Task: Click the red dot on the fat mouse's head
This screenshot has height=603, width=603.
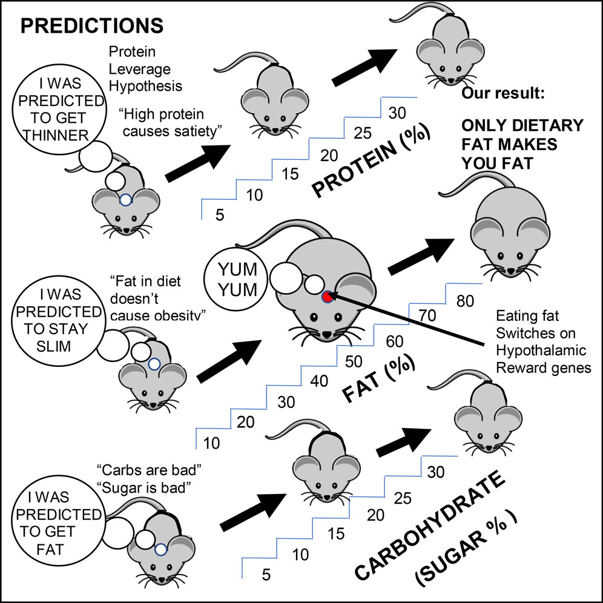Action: (x=328, y=297)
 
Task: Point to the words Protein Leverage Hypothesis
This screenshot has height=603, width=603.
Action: (x=143, y=68)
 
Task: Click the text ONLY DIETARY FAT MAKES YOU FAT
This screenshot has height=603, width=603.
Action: (x=522, y=146)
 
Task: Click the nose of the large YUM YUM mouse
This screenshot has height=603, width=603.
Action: (x=326, y=334)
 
